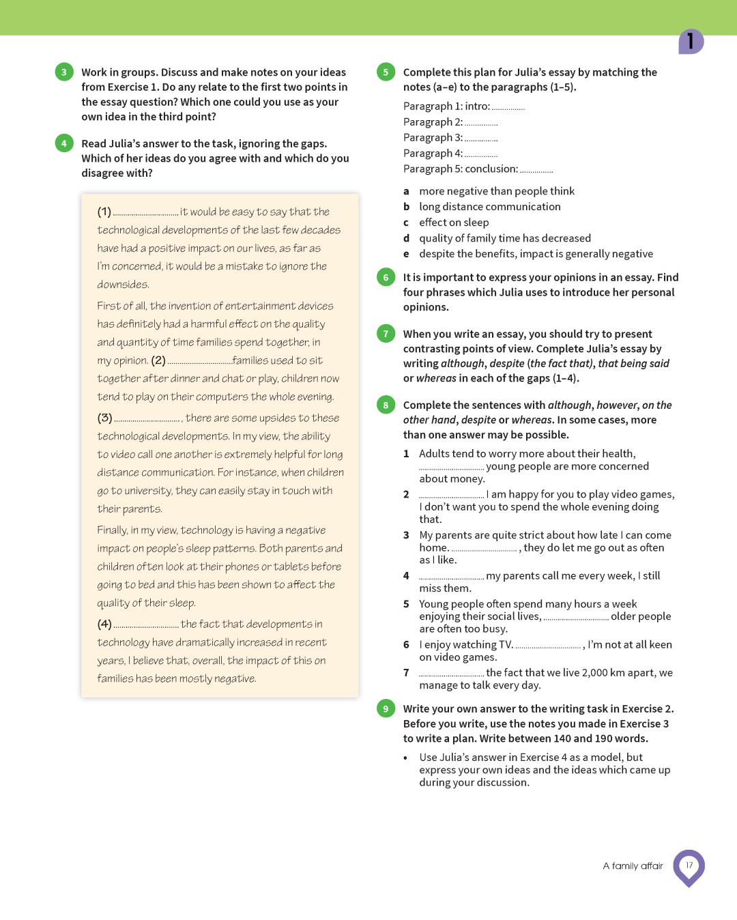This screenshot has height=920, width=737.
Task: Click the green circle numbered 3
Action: pos(64,72)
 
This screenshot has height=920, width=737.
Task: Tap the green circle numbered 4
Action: pos(64,143)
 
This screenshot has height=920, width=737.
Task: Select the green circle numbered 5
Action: pos(386,72)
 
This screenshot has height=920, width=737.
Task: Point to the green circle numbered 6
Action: pos(386,277)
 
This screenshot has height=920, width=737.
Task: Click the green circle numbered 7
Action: pos(386,334)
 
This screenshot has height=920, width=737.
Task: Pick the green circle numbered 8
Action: pos(386,405)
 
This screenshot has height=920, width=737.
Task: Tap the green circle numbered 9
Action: pos(386,708)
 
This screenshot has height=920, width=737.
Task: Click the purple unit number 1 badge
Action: pos(691,42)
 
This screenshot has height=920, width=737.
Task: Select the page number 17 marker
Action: pos(689,866)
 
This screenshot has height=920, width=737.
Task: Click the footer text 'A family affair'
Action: pos(633,866)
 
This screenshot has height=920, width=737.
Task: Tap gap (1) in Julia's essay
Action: pos(145,213)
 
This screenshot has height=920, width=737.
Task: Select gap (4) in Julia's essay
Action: pos(146,625)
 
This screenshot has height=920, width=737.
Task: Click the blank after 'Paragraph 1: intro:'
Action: pos(508,108)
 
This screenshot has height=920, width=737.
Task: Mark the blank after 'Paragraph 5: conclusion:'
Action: pos(536,171)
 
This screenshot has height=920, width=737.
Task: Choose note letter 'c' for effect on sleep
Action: pos(407,222)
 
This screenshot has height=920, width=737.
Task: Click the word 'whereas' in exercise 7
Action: pos(436,378)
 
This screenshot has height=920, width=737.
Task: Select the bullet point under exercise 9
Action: pos(405,758)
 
